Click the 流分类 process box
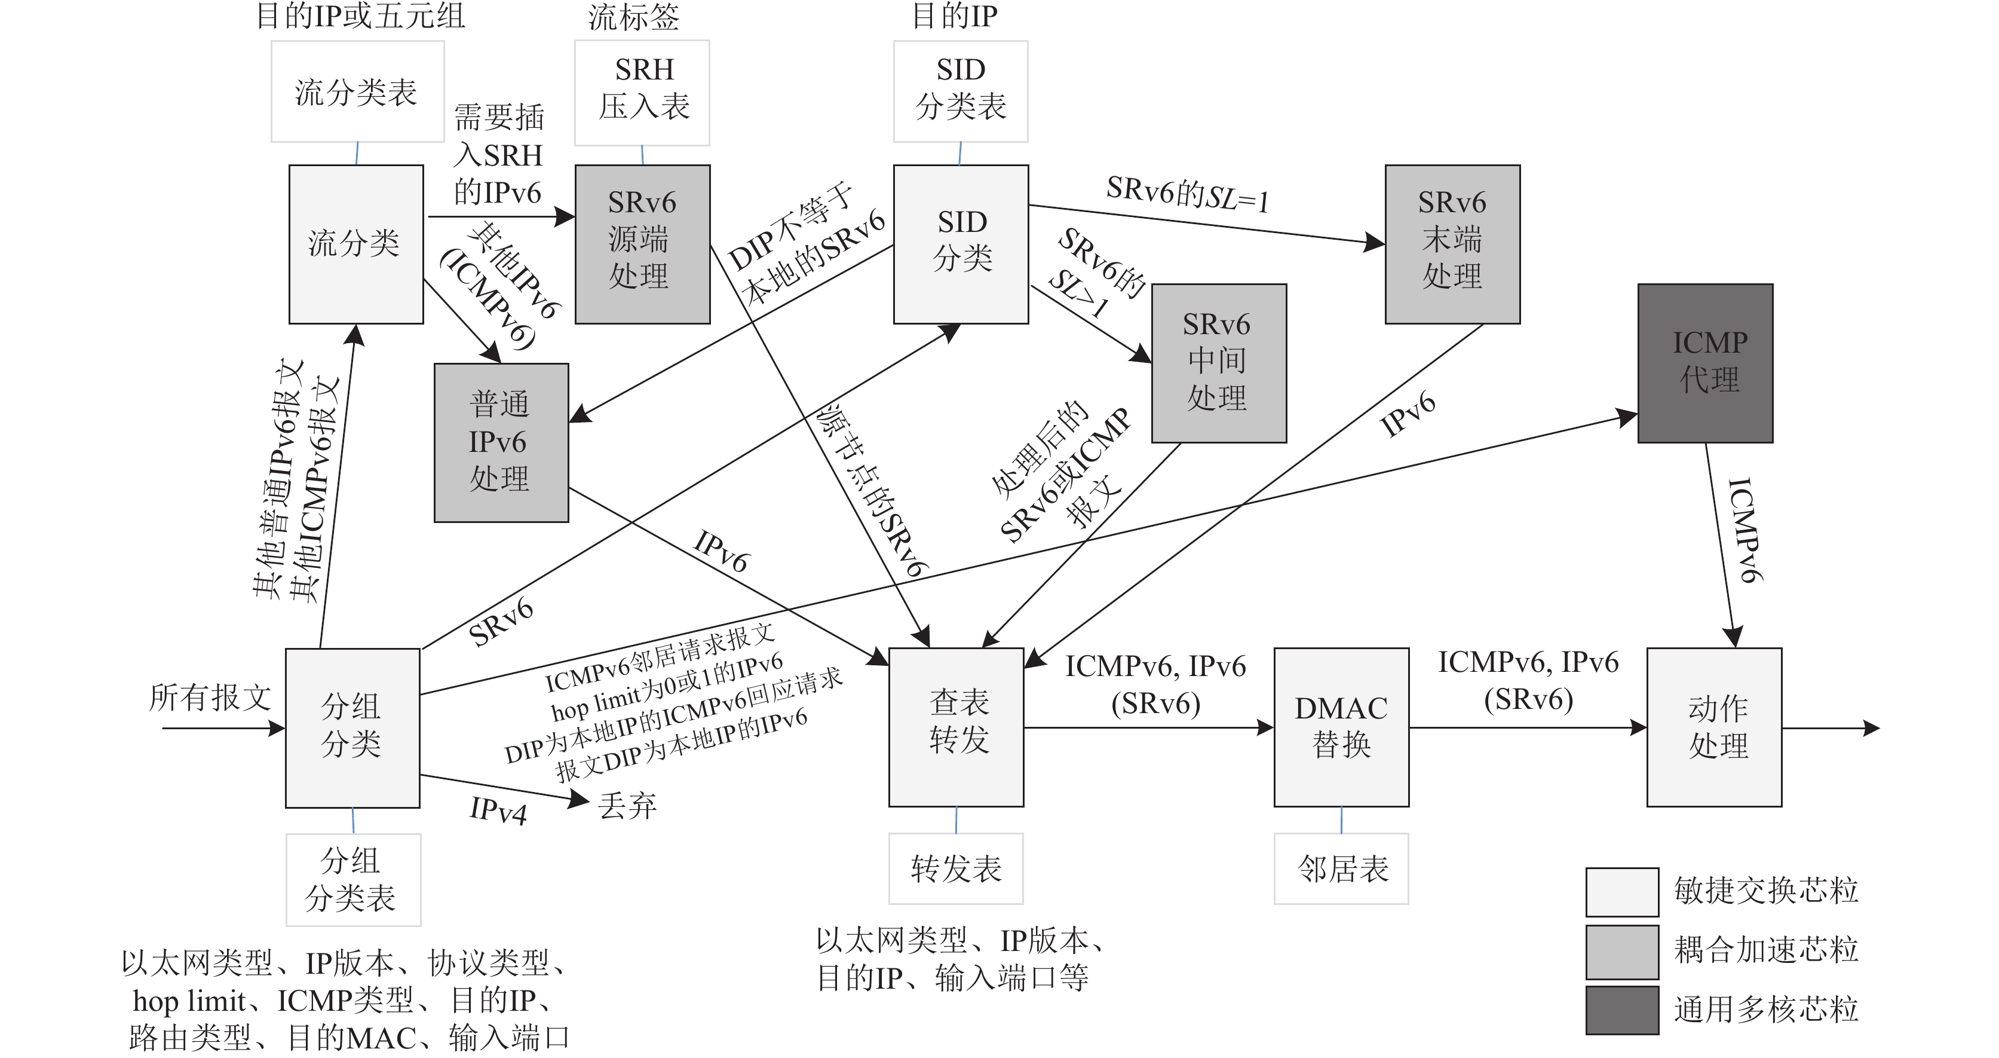coord(356,244)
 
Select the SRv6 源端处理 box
coord(643,244)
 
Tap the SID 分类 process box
coord(961,244)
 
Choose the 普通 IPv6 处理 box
coord(501,442)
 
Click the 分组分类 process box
coord(352,727)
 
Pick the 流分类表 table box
coord(357,91)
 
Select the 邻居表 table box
coord(1341,868)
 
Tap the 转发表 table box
coord(956,868)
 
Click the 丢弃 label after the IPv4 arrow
coord(627,806)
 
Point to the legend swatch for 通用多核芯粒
coord(1622,1010)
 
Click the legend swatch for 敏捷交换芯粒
coord(1622,892)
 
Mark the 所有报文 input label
coord(210,697)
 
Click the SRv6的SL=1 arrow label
coord(1187,194)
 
